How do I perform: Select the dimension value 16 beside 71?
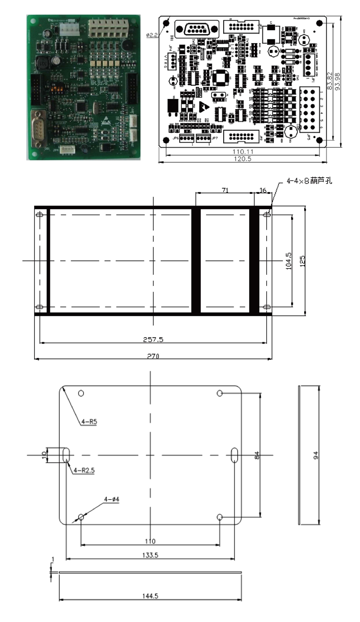pyautogui.click(x=263, y=191)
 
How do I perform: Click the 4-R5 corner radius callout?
pyautogui.click(x=90, y=422)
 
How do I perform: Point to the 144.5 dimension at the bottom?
pyautogui.click(x=150, y=596)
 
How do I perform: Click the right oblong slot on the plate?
pyautogui.click(x=234, y=455)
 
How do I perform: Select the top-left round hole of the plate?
pyautogui.click(x=81, y=394)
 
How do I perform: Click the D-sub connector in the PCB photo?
pyautogui.click(x=40, y=126)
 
